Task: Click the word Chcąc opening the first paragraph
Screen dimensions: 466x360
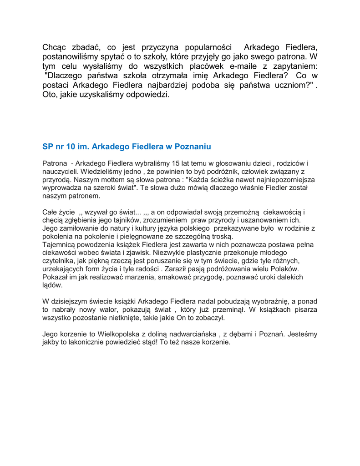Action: coord(55,48)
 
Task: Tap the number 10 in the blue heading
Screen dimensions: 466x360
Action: coord(71,147)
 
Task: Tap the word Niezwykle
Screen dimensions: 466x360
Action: coord(168,253)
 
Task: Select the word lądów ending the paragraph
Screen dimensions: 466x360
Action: coord(52,286)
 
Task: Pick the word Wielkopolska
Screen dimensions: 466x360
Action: coord(118,334)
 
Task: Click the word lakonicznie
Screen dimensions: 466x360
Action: coord(99,343)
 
